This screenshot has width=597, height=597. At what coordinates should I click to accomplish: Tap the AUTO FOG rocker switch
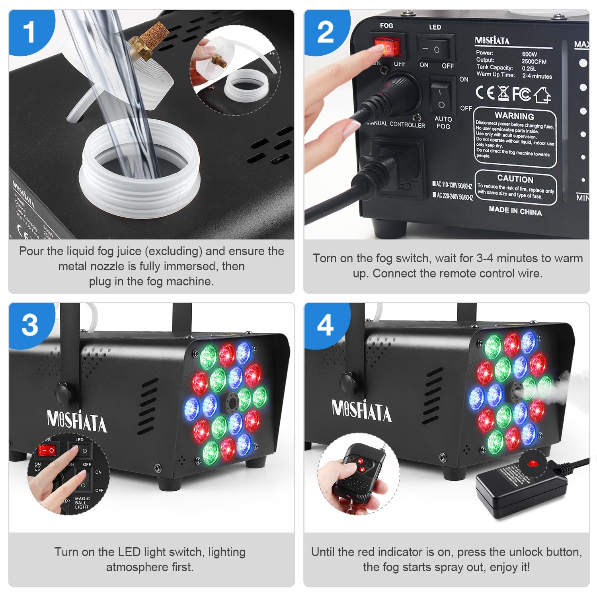point(441,96)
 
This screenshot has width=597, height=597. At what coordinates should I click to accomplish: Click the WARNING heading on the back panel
point(514,116)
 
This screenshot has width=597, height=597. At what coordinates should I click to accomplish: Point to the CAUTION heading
point(515,178)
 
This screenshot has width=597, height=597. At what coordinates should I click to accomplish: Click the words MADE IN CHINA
point(515,211)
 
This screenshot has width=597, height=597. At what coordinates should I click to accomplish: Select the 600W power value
point(529,54)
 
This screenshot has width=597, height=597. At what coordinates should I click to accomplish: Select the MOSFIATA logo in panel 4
point(361,411)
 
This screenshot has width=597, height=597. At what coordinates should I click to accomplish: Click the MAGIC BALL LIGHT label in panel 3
point(82,503)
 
